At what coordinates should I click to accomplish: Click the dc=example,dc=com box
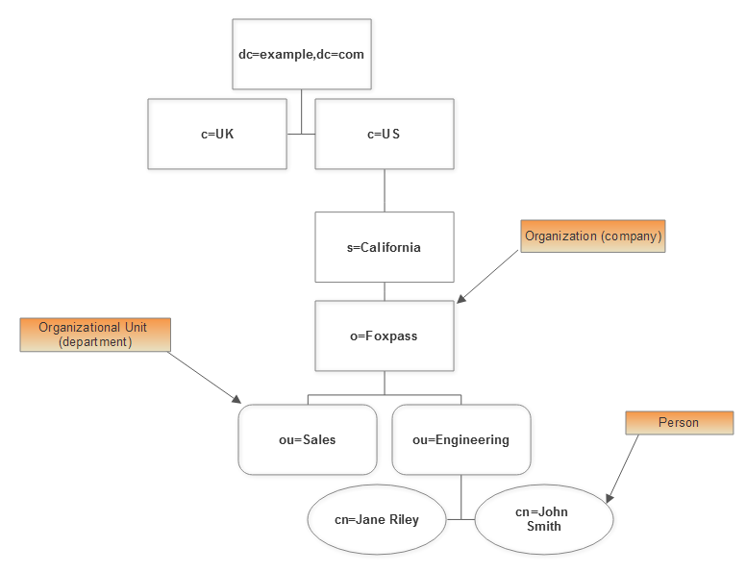tap(302, 55)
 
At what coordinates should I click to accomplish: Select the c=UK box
tap(217, 134)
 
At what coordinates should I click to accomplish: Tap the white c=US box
tap(385, 134)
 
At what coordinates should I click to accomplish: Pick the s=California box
tap(385, 247)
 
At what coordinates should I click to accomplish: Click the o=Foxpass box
tap(385, 336)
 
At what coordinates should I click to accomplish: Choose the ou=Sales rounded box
tap(308, 440)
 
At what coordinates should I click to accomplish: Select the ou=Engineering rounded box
tap(461, 440)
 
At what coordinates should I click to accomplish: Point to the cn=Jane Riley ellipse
tap(377, 519)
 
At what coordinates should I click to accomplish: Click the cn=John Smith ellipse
tap(544, 519)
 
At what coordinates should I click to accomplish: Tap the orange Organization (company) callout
tap(593, 236)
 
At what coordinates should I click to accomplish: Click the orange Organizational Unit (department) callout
tap(95, 335)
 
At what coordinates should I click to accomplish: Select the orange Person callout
tap(679, 423)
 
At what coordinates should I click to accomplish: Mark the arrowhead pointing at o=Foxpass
tap(461, 299)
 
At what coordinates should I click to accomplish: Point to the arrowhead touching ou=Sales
tap(236, 399)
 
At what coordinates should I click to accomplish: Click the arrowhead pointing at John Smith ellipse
tap(609, 498)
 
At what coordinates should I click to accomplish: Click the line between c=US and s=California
tap(385, 190)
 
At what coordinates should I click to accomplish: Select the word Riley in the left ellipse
tap(403, 520)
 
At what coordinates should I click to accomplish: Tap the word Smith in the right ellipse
tap(544, 526)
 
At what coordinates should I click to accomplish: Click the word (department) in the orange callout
tap(95, 341)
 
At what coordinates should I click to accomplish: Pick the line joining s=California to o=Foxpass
tap(385, 292)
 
